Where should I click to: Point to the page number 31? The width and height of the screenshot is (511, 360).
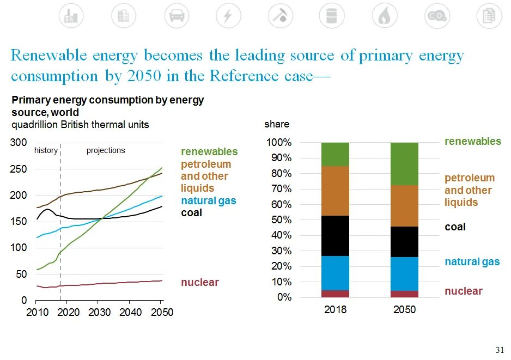tap(498, 349)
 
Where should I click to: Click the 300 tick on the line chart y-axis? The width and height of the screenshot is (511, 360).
tap(19, 143)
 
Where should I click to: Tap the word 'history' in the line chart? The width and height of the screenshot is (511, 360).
tap(46, 150)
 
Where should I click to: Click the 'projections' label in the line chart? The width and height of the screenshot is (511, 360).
tap(106, 150)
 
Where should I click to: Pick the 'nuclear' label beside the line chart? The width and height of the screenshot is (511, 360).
tap(200, 282)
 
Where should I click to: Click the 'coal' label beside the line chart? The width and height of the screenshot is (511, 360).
tap(191, 212)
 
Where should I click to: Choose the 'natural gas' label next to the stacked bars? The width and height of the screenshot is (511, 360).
tap(472, 262)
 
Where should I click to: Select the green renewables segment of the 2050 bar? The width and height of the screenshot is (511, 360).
tap(404, 163)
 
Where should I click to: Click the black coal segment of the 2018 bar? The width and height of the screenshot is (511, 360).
tap(335, 235)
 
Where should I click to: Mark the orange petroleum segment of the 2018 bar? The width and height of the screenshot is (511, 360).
tap(335, 191)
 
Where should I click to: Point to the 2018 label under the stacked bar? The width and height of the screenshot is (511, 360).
tap(335, 310)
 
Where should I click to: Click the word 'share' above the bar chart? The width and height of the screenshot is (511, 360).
tap(277, 124)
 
